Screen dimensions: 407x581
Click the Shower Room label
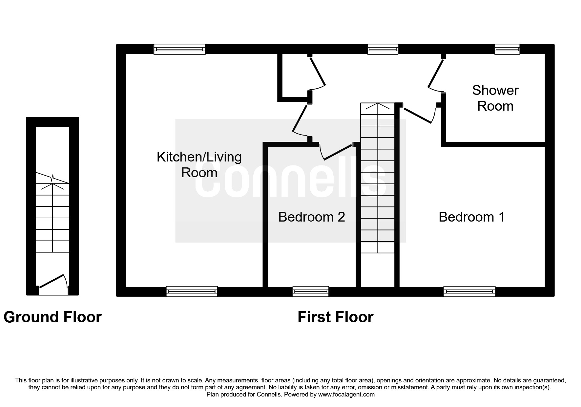click(x=495, y=98)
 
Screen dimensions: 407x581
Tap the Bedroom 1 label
click(x=471, y=217)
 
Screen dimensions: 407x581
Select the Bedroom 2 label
click(x=311, y=217)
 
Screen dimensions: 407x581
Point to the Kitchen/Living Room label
click(x=199, y=165)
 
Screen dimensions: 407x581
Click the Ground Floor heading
click(x=52, y=317)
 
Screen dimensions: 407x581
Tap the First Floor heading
click(x=335, y=317)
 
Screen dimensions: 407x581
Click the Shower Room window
click(x=507, y=50)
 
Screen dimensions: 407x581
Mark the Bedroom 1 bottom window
click(x=469, y=291)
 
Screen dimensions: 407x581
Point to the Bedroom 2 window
click(x=310, y=291)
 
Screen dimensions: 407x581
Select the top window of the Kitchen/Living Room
click(x=179, y=50)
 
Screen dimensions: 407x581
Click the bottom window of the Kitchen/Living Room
click(x=192, y=291)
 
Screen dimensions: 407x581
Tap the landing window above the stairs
click(x=383, y=50)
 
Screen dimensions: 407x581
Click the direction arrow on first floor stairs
click(x=378, y=107)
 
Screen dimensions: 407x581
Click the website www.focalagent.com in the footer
click(x=346, y=395)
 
